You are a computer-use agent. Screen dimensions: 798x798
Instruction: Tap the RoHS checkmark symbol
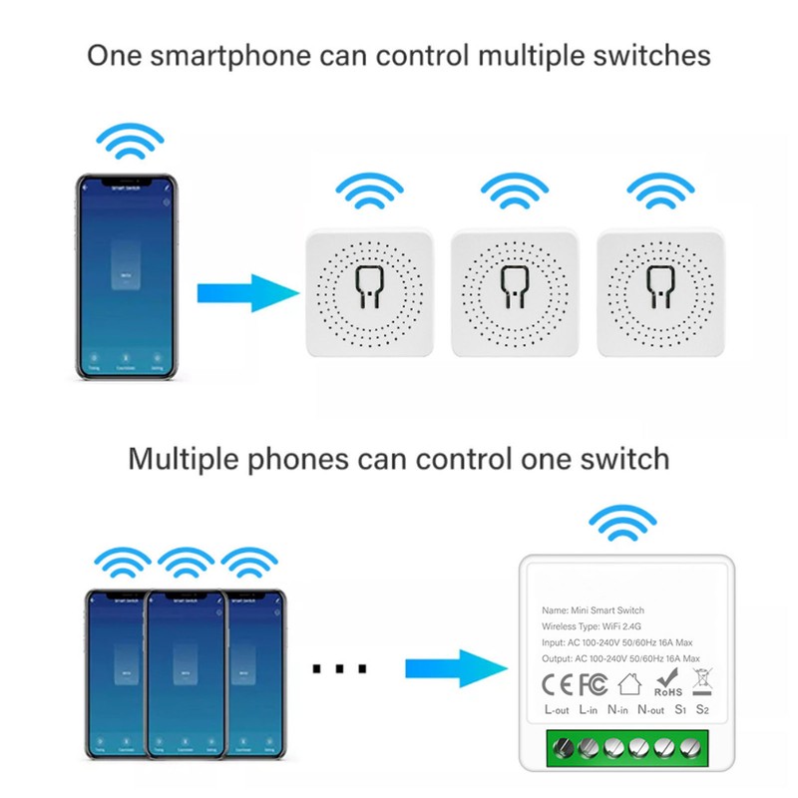click(x=667, y=681)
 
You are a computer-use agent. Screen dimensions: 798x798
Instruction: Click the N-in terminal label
click(x=617, y=710)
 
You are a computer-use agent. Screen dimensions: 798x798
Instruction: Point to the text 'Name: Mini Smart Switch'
click(x=593, y=609)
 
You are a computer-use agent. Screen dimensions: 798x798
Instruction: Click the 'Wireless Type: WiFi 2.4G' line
click(x=597, y=626)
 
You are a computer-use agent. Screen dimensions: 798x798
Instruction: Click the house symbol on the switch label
click(x=629, y=683)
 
